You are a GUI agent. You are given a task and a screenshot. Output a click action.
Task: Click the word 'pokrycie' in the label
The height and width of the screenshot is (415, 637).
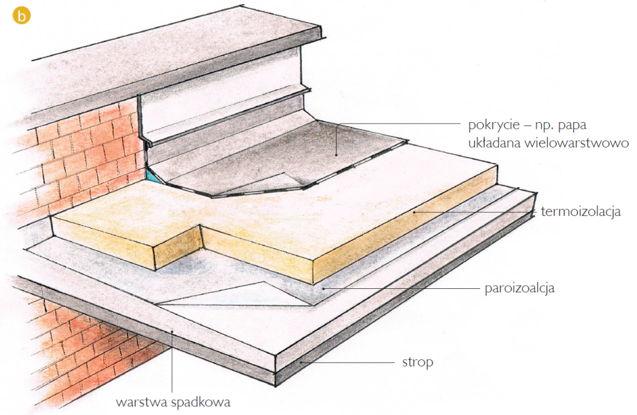click(x=491, y=124)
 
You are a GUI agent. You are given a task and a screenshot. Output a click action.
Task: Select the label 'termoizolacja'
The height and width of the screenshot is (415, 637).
click(x=581, y=212)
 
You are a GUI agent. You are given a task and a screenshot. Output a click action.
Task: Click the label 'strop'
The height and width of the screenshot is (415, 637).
click(x=417, y=362)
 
